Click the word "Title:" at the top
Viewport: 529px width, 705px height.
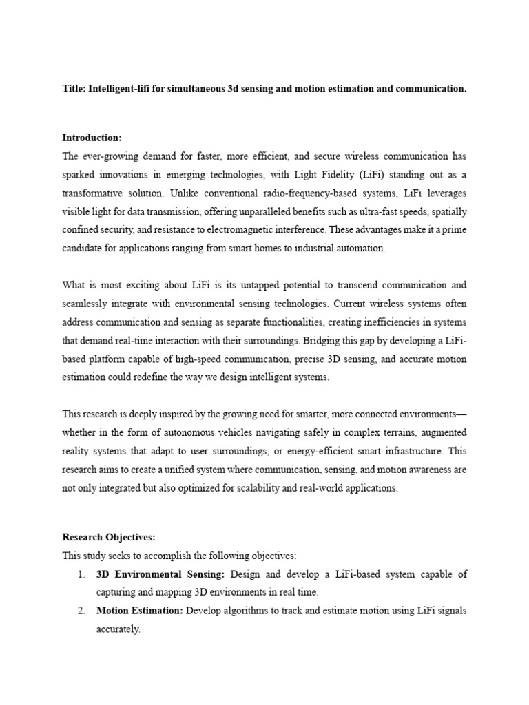coord(74,90)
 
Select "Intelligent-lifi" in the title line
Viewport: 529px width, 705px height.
coord(120,90)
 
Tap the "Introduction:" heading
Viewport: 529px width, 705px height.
coord(92,137)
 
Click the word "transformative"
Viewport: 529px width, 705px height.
coord(92,193)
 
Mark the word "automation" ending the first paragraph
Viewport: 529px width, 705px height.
coord(363,249)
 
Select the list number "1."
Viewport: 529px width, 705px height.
coord(81,574)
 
